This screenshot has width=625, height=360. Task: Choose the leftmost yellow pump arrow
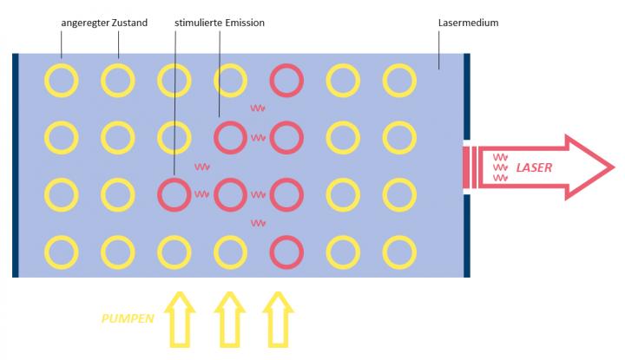coord(180,318)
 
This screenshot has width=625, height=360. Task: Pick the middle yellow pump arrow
coord(229,318)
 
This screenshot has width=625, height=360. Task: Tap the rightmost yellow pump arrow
coord(280,318)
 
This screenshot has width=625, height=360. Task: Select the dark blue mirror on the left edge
coord(16,165)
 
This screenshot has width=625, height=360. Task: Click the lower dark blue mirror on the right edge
coord(467,235)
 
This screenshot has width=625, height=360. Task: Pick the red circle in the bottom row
coord(286,252)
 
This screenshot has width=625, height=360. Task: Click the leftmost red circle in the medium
coord(174,194)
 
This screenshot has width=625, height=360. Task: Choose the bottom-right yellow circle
coord(399,252)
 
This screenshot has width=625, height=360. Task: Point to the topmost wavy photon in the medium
coord(257,108)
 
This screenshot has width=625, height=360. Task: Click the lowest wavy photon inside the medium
coord(257,223)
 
